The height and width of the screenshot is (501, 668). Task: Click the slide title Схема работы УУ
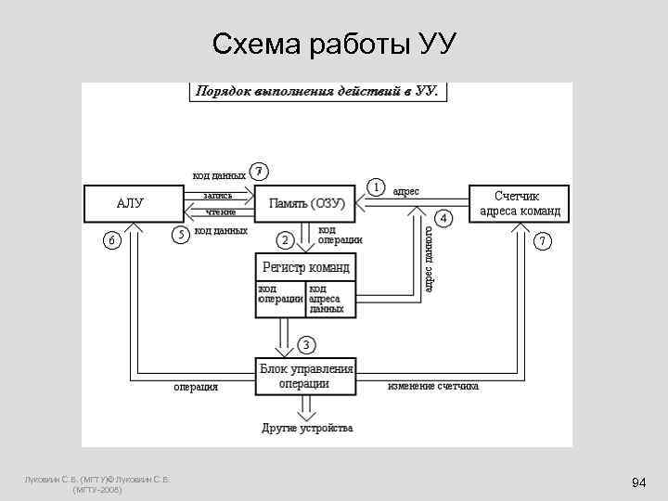(333, 44)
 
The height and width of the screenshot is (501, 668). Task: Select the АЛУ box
(130, 204)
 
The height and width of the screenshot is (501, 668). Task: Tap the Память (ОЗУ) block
(307, 203)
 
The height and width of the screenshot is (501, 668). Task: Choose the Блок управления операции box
(306, 376)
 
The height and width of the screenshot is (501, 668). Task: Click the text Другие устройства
(306, 429)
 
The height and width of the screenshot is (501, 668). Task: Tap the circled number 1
(377, 186)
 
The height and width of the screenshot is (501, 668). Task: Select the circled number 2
(286, 240)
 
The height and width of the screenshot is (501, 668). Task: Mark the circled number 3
(306, 344)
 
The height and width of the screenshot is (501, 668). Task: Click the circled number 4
(444, 218)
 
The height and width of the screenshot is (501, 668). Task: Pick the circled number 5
(183, 233)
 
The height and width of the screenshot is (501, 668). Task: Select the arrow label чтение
(220, 212)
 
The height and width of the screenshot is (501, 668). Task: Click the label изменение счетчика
(433, 385)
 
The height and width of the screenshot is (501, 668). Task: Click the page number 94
(638, 483)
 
